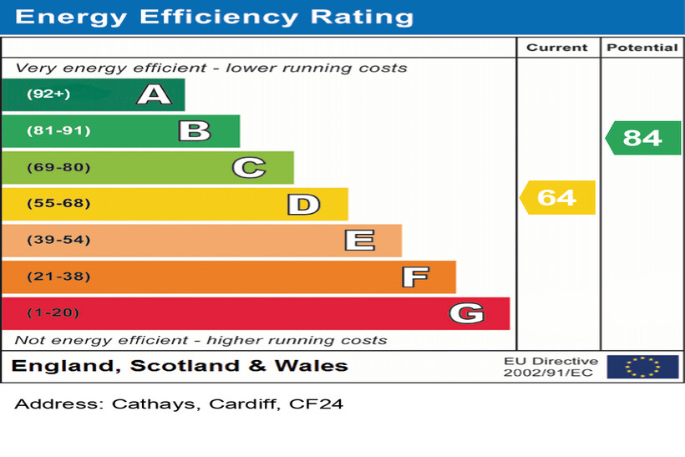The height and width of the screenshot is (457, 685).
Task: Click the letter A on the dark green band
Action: (154, 94)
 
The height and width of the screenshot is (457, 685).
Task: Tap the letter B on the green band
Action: (194, 131)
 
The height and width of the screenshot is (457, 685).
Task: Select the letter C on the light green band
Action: (248, 168)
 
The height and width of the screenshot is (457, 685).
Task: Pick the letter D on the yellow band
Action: (303, 204)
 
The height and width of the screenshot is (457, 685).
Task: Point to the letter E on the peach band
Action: (359, 241)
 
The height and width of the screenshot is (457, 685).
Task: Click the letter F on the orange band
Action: (414, 277)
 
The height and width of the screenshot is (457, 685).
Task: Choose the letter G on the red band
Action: (466, 313)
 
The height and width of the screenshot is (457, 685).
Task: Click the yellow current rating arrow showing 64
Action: (557, 197)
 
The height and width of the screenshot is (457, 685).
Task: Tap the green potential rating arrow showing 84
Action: (642, 138)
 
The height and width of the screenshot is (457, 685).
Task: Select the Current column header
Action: (557, 48)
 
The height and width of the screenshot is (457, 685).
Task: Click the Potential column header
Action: (642, 48)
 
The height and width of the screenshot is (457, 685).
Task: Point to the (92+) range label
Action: (48, 94)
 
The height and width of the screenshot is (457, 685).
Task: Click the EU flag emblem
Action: (642, 366)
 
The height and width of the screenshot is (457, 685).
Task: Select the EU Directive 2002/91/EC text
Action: (551, 367)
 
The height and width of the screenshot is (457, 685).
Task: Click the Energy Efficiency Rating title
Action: (214, 17)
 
